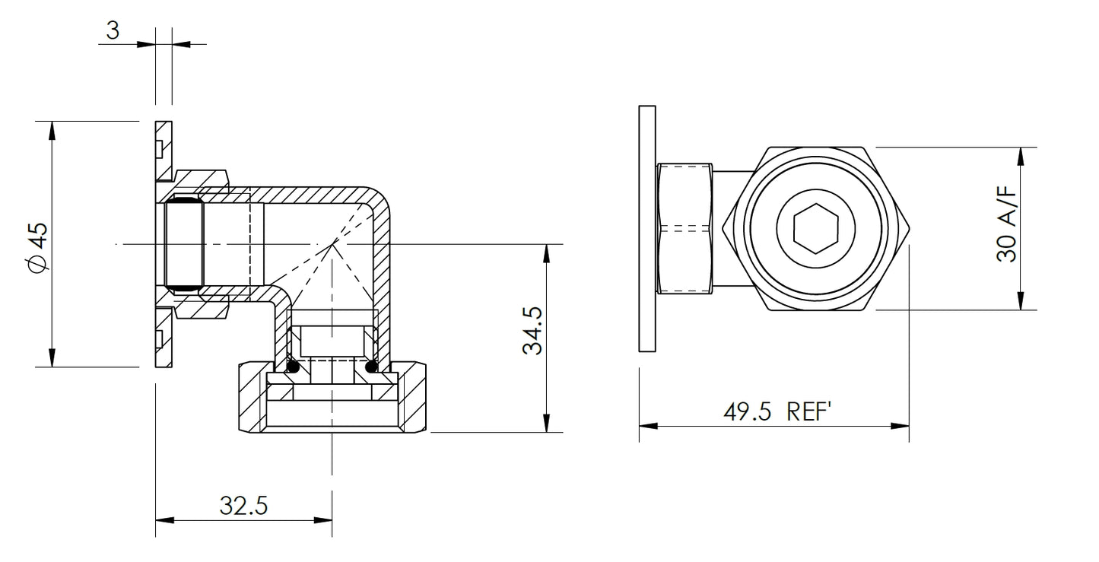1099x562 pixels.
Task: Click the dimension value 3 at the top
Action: pyautogui.click(x=113, y=30)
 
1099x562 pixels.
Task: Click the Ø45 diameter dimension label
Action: pyautogui.click(x=37, y=245)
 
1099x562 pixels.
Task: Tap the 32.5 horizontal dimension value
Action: pyautogui.click(x=243, y=504)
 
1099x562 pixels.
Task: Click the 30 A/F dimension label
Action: pyautogui.click(x=1007, y=227)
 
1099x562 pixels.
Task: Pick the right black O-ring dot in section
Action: pyautogui.click(x=372, y=368)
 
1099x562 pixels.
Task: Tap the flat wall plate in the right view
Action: pyautogui.click(x=647, y=228)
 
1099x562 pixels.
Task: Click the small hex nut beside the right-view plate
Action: pyautogui.click(x=685, y=228)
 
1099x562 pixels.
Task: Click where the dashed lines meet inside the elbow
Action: pyautogui.click(x=333, y=244)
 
